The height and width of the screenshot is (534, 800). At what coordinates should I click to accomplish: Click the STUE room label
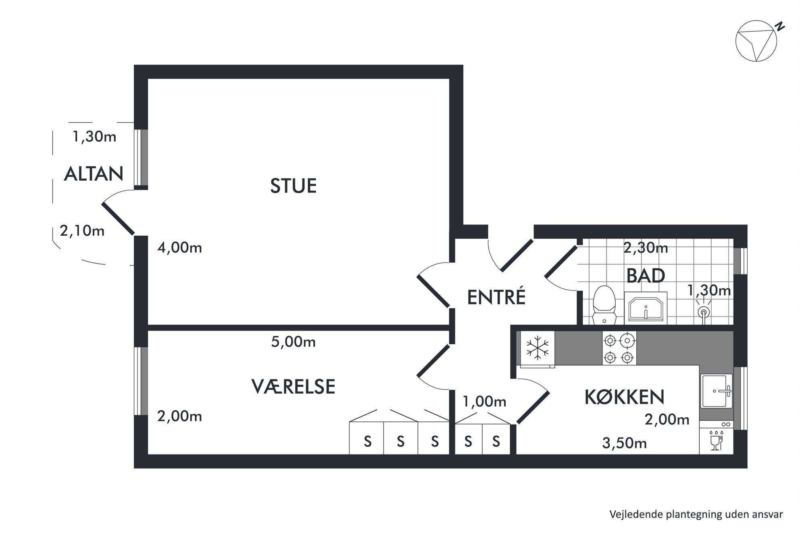pyautogui.click(x=293, y=186)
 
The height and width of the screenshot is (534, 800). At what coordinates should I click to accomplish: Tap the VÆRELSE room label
pyautogui.click(x=293, y=387)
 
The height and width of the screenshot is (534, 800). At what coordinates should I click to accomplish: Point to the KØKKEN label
pyautogui.click(x=624, y=397)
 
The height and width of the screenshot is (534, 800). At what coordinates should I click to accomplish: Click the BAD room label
pyautogui.click(x=646, y=276)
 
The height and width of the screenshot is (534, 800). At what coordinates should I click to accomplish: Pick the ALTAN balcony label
pyautogui.click(x=94, y=174)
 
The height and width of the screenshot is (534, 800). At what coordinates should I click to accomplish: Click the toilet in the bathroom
pyautogui.click(x=604, y=305)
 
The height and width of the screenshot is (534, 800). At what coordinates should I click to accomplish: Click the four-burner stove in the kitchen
pyautogui.click(x=619, y=348)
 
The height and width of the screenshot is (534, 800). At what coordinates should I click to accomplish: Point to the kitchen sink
pyautogui.click(x=717, y=391)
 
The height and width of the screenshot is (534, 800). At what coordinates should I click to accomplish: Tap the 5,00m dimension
pyautogui.click(x=293, y=342)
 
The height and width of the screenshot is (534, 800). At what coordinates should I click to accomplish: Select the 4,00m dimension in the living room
pyautogui.click(x=179, y=247)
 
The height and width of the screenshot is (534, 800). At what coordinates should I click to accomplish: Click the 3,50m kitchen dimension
pyautogui.click(x=624, y=443)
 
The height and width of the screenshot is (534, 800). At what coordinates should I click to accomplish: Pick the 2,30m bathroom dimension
pyautogui.click(x=646, y=248)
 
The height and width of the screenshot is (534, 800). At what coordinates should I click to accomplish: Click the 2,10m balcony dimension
pyautogui.click(x=82, y=231)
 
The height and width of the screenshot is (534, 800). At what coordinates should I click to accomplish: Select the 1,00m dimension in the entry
pyautogui.click(x=484, y=402)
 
